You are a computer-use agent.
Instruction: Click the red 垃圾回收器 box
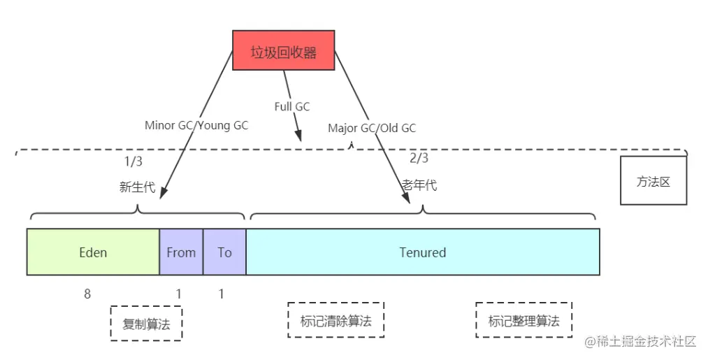pos(284,50)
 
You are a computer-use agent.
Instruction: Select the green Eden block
pos(93,252)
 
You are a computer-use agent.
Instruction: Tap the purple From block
pos(181,252)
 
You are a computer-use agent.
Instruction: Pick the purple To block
pos(224,252)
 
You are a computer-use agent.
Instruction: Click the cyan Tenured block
pos(423,252)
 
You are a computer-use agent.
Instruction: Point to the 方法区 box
pos(653,180)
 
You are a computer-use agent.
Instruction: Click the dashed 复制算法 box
pos(146,324)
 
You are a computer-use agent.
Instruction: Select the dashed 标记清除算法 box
pos(336,319)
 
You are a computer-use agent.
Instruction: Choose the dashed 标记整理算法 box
pos(523,319)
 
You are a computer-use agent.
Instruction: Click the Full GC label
pos(292,106)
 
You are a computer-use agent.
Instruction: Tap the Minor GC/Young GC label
pos(196,125)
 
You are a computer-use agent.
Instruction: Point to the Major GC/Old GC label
pos(372,129)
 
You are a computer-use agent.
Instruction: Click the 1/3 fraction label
pos(133,161)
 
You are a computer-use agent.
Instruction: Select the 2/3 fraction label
pos(419,158)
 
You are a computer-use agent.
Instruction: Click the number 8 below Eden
pos(87,294)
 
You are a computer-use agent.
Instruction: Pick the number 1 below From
pos(179,294)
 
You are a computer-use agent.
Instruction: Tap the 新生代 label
pos(137,187)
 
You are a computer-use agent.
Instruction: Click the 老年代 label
pos(419,185)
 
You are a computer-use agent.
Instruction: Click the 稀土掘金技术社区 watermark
pos(640,342)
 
